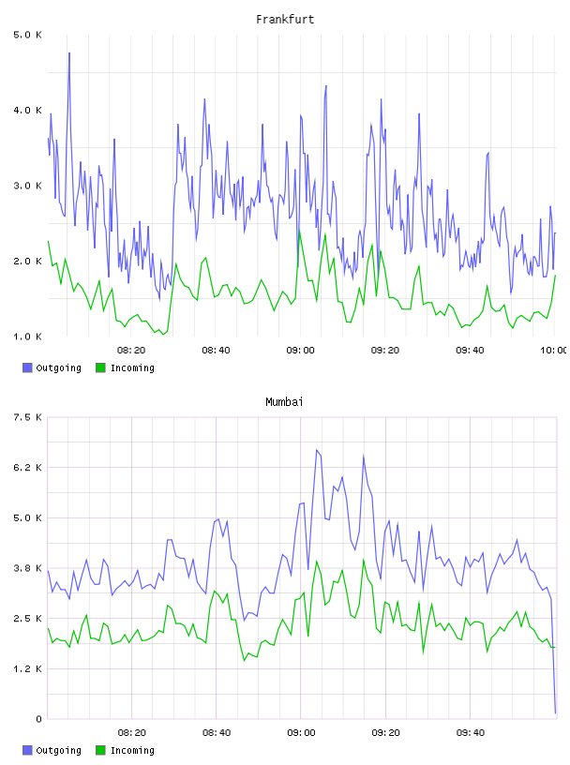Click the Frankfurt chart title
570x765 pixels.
tap(285, 20)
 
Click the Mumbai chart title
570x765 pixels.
tap(284, 402)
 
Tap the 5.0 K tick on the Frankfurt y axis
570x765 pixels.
tap(27, 35)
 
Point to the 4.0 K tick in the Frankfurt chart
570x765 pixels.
tap(27, 111)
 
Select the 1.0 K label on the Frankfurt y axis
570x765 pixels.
tap(27, 337)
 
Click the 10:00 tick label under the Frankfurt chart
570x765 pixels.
tap(553, 351)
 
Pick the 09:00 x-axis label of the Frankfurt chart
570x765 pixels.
tap(301, 351)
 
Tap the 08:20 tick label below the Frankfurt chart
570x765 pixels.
tap(131, 351)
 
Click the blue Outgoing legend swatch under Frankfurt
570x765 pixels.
tap(27, 367)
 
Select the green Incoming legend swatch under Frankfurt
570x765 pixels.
tap(100, 367)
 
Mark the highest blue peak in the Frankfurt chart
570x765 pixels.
tap(69, 52)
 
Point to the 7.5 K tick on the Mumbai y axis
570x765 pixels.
tap(27, 417)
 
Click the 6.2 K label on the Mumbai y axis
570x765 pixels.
tap(27, 468)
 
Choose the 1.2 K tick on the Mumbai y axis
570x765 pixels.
tap(27, 668)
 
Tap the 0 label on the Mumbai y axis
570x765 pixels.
tap(38, 719)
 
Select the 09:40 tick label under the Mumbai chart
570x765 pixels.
tap(471, 733)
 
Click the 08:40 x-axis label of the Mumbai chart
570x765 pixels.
tap(217, 733)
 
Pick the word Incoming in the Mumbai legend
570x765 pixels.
tap(132, 750)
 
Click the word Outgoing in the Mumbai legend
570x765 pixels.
tap(58, 750)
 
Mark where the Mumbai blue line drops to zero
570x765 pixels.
tap(555, 713)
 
